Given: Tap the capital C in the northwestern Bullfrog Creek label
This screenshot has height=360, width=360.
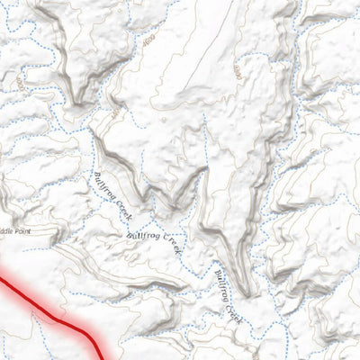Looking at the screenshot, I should [118, 206].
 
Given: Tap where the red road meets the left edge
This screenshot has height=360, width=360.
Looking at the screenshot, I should [2, 280].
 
